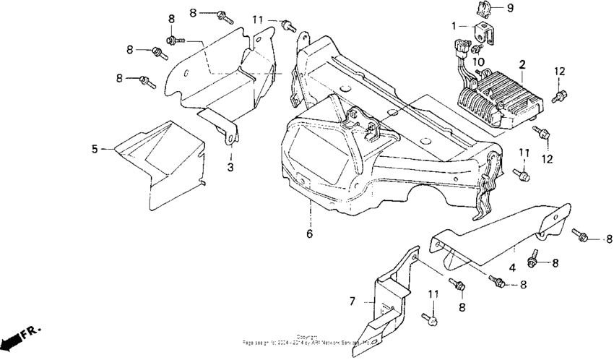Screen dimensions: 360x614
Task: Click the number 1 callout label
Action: [454, 25]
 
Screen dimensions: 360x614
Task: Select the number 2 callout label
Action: [522, 64]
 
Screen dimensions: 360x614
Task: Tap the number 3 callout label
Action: [230, 167]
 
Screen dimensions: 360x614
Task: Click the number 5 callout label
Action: [94, 149]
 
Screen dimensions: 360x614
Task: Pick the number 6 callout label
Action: [310, 233]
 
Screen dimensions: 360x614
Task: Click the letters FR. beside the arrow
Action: [31, 332]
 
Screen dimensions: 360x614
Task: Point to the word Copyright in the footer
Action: [306, 336]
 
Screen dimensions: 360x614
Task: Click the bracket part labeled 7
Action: [390, 296]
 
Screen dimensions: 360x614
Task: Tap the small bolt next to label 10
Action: [476, 50]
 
